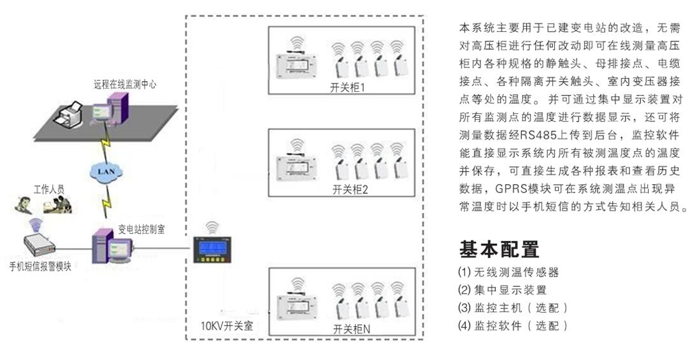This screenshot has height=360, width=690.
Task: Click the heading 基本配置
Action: tap(499, 249)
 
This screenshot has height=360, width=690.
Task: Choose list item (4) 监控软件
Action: tap(512, 326)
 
